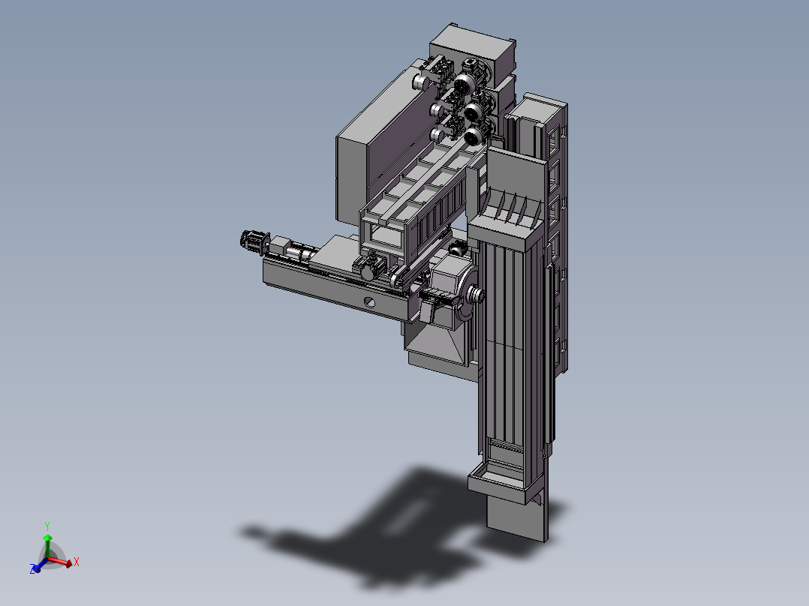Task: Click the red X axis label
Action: pyautogui.click(x=77, y=562)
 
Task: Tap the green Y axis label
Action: pyautogui.click(x=47, y=526)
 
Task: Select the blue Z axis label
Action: pyautogui.click(x=32, y=568)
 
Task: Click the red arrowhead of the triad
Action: pyautogui.click(x=68, y=564)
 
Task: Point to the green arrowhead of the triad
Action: pyautogui.click(x=47, y=538)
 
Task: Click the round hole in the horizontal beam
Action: pyautogui.click(x=370, y=303)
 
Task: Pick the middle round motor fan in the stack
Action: pyautogui.click(x=472, y=110)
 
